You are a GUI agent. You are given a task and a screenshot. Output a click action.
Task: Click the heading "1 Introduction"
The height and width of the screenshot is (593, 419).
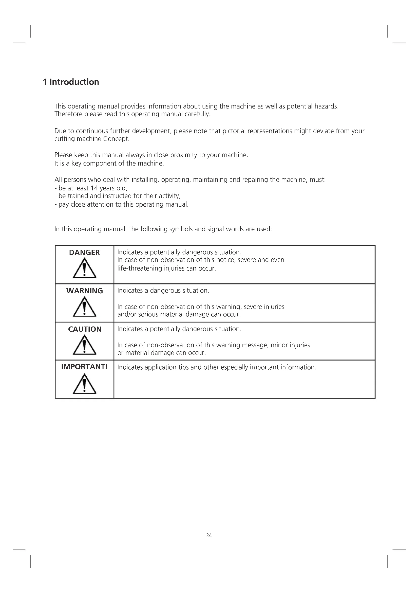coord(71,82)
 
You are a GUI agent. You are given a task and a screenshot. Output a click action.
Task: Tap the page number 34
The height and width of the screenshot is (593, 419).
coord(209,535)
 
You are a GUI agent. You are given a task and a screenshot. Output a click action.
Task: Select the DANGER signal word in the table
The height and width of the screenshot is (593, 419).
coord(84,253)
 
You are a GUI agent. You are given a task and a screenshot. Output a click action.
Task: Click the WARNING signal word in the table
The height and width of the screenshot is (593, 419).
coord(84,291)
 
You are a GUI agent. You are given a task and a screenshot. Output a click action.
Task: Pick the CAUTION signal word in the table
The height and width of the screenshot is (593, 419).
coord(85,329)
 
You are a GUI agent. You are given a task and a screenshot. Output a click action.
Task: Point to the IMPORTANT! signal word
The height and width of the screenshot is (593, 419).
coord(84,367)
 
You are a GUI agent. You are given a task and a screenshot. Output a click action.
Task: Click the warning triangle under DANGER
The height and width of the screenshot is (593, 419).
coord(84,269)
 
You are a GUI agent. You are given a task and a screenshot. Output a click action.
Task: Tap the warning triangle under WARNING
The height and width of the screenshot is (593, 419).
coord(84,307)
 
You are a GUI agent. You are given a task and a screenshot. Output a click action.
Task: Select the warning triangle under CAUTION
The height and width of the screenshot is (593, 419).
coord(84,345)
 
